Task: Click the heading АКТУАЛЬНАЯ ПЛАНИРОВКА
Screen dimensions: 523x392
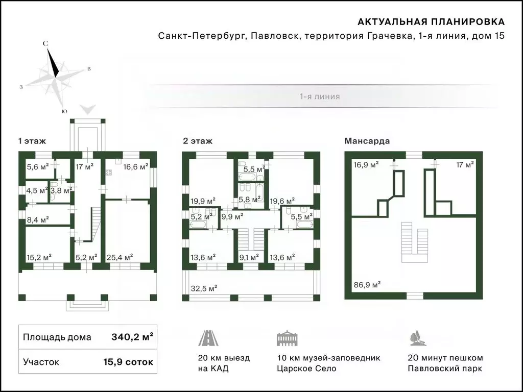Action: [x=431, y=22]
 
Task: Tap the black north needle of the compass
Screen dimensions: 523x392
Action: [x=53, y=62]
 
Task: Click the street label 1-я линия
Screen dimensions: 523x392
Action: [x=320, y=96]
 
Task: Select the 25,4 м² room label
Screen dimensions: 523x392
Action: [x=120, y=257]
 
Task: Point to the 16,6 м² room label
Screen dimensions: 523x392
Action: [x=135, y=166]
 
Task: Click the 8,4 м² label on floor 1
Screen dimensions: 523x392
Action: [x=38, y=219]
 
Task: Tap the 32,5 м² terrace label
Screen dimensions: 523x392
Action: [x=204, y=288]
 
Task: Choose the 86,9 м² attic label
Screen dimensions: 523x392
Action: [x=367, y=285]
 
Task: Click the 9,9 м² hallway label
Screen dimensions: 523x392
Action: [x=232, y=216]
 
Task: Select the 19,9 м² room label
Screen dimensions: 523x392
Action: [x=203, y=201]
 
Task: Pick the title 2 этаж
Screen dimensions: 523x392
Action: [x=198, y=141]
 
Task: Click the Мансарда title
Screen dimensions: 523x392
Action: [x=367, y=141]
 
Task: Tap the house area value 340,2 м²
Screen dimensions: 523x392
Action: [x=132, y=337]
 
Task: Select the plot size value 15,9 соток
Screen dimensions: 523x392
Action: [x=128, y=362]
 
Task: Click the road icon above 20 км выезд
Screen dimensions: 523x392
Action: [x=208, y=338]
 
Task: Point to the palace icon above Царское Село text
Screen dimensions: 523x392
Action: [x=287, y=338]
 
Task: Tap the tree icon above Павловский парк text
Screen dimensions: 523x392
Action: [x=418, y=338]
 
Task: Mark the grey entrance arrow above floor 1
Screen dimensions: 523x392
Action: [x=88, y=109]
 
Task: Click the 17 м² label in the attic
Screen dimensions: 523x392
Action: [x=465, y=164]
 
